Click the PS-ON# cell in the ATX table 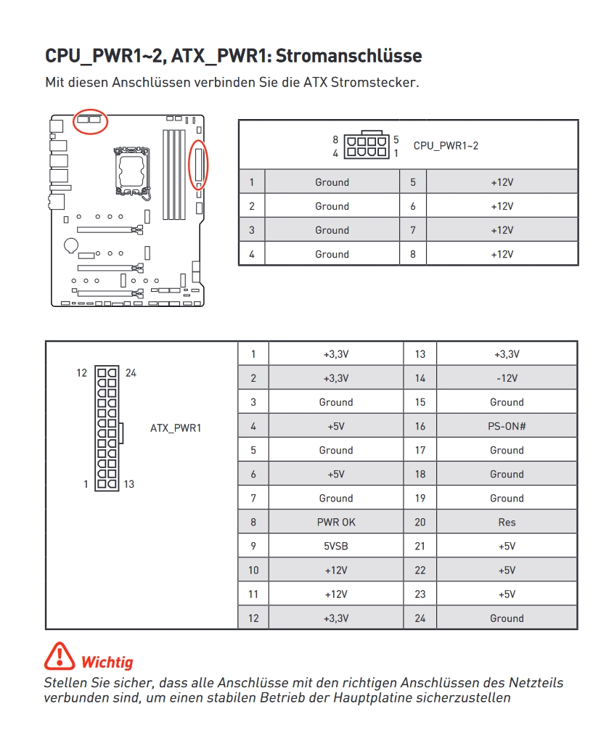tap(507, 426)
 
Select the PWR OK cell tap(336, 522)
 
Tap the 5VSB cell tap(336, 546)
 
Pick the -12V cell tap(507, 378)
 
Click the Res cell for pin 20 tap(507, 522)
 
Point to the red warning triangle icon tap(59, 656)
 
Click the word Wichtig tap(107, 662)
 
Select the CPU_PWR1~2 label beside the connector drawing tap(446, 146)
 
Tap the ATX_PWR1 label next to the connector tap(176, 427)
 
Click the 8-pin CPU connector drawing tap(366, 146)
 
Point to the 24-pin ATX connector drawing tap(107, 427)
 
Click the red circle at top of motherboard tap(91, 120)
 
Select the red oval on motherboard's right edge tap(199, 164)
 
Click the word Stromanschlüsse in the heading tap(348, 56)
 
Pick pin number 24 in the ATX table tap(420, 618)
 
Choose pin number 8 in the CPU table tap(413, 254)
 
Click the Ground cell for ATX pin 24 tap(507, 618)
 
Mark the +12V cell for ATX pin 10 tap(336, 570)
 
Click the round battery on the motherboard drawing tap(70, 246)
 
